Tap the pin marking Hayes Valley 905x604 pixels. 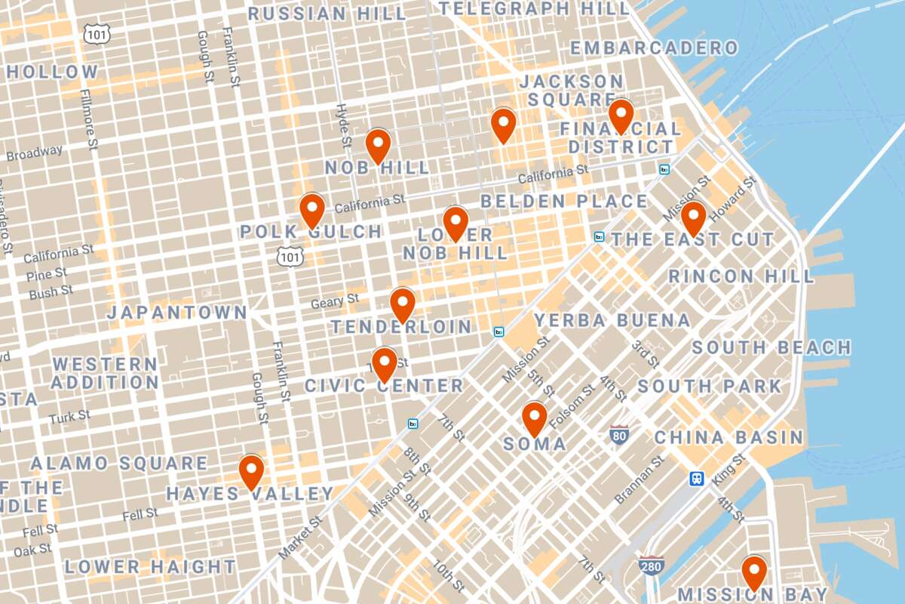click(251, 470)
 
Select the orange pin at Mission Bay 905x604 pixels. click(753, 570)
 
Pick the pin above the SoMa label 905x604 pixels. click(534, 417)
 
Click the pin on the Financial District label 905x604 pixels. click(621, 115)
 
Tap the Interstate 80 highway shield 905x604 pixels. click(619, 435)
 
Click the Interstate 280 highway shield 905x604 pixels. click(651, 565)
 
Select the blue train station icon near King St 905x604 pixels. click(697, 478)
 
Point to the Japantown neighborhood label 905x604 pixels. click(177, 313)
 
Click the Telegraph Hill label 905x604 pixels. click(534, 9)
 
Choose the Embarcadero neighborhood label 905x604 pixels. click(654, 48)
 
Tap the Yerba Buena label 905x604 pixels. click(612, 320)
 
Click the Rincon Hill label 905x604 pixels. click(741, 276)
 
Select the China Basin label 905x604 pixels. click(729, 437)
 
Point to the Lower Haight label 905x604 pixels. click(150, 566)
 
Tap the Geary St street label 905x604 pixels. click(335, 302)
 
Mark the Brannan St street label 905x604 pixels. click(639, 479)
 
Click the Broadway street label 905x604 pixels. click(35, 153)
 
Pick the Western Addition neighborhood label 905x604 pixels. click(106, 373)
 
